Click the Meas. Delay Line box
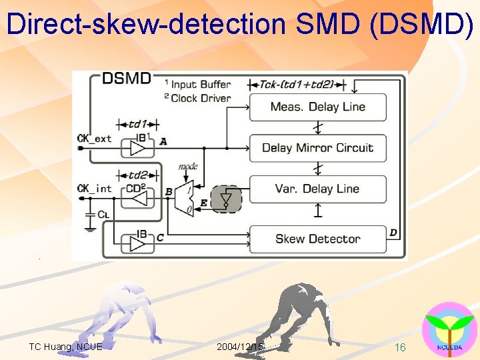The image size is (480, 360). pos(317,107)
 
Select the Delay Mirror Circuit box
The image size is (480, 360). pos(317,148)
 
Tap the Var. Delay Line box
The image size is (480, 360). pos(317,189)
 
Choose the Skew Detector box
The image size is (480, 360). pos(317,239)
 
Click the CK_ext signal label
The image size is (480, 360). pos(95,139)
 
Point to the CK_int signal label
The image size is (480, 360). pos(95,189)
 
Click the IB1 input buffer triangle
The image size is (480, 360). pos(138,148)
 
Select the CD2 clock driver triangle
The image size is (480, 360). pos(138,198)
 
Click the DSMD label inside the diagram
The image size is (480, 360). pos(127,79)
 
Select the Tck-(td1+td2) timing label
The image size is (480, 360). pos(297,85)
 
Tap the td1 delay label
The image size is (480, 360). pos(137,125)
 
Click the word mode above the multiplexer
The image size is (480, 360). pos(188,166)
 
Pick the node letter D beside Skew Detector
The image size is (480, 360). pos(394,233)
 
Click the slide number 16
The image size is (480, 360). pos(400,347)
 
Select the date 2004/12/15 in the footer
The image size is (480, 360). pos(240,347)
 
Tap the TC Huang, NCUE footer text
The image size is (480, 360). pos(65,347)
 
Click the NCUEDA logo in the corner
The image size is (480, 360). pos(449,331)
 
